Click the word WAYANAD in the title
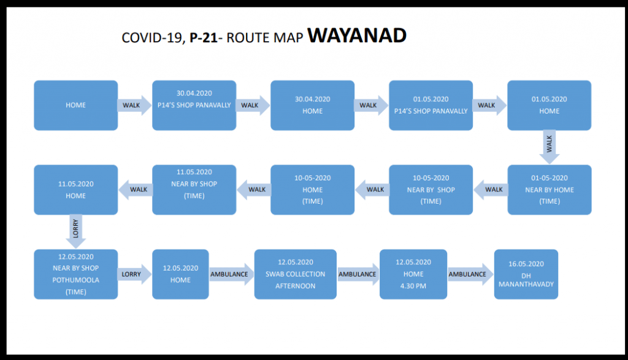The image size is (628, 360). point(357,36)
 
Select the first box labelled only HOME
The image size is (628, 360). point(75,105)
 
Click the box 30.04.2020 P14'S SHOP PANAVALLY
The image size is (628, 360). point(194,105)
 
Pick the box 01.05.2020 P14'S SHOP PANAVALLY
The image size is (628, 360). point(431,105)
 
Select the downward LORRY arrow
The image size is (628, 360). point(75,231)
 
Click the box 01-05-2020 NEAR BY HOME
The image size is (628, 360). point(549,190)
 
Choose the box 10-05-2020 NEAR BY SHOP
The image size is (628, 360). point(431,190)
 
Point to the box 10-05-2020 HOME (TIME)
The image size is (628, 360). point(312,190)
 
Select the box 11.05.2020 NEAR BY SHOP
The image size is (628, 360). point(194,190)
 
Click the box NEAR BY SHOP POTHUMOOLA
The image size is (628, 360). point(75,274)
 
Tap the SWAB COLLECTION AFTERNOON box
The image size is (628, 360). point(295,274)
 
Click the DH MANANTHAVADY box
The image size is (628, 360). point(526,274)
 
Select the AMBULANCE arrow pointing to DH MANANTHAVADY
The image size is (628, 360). point(469,274)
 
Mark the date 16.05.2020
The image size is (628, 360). point(526,262)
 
